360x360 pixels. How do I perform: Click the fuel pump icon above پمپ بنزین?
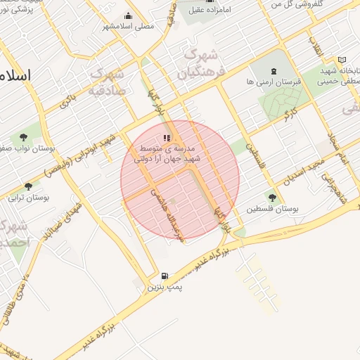click(165, 276)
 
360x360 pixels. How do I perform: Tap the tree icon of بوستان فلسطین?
click(272, 198)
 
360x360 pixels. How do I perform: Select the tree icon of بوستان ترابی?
click(28, 186)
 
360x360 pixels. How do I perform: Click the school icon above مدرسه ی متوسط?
click(166, 139)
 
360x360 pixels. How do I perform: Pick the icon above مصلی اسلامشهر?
click(128, 16)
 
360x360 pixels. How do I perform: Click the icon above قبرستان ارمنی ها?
click(274, 71)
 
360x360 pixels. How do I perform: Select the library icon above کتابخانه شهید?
click(342, 60)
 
